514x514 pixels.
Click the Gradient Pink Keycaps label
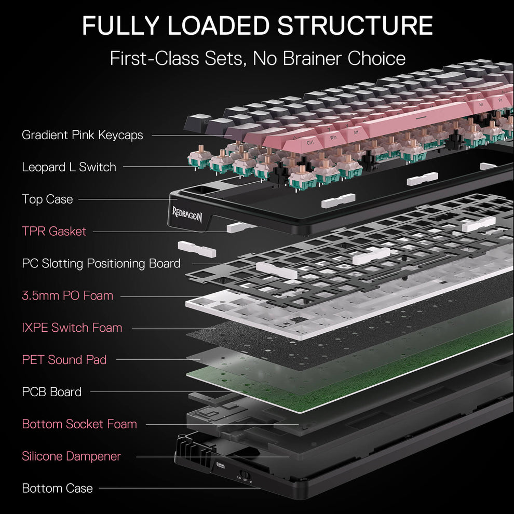point(82,135)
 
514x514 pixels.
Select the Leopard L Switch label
point(69,167)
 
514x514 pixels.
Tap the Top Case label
point(47,199)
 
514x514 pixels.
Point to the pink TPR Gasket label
point(54,231)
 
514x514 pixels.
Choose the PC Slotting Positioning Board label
point(101,263)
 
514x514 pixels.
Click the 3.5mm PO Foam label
point(67,295)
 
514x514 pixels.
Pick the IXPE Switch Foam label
point(72,328)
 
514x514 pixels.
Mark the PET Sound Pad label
point(64,359)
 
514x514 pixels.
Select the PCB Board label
point(51,391)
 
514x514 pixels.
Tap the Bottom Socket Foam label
point(79,424)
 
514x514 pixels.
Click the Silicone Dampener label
point(71,456)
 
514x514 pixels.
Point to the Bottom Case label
point(57,488)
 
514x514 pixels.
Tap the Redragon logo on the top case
point(187,213)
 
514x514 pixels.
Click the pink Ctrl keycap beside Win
point(310,142)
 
